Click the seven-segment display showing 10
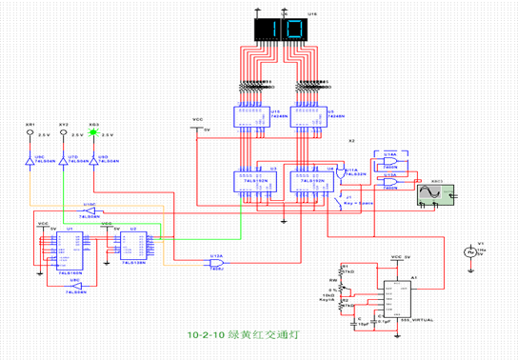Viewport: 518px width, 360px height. (282, 29)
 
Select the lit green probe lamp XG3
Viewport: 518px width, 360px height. (93, 133)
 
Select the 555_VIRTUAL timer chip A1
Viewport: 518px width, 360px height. (399, 304)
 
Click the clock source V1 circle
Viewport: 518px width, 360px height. (468, 252)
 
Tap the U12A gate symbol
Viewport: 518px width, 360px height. (217, 259)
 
